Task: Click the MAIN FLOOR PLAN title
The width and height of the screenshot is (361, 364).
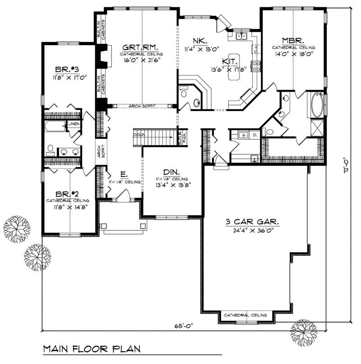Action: point(91,349)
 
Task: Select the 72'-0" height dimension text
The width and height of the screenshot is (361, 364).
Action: point(346,166)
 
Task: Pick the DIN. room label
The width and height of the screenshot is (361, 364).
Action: point(171,172)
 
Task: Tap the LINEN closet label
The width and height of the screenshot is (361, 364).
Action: point(74,124)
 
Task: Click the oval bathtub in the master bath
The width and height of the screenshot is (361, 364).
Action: point(316,104)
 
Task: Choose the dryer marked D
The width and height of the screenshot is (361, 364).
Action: point(254,134)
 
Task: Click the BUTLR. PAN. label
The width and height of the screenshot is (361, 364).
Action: point(181,137)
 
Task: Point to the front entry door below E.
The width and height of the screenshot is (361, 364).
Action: point(120,197)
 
